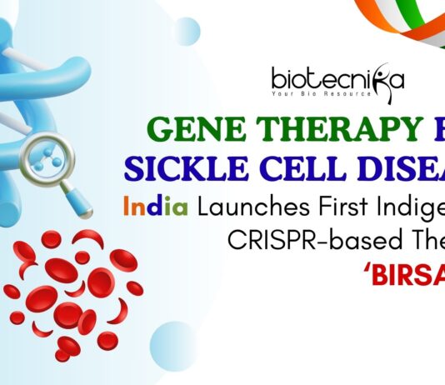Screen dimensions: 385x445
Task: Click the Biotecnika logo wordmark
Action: (337, 78)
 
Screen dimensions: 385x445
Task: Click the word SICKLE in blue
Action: (179, 166)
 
